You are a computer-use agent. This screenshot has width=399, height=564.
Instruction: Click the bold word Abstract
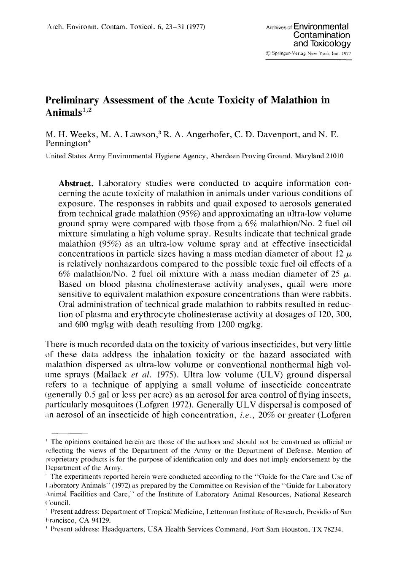click(x=76, y=183)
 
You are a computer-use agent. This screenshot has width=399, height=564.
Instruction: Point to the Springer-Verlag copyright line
click(x=308, y=54)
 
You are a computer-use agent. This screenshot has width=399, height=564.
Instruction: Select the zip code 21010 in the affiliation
click(x=334, y=156)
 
